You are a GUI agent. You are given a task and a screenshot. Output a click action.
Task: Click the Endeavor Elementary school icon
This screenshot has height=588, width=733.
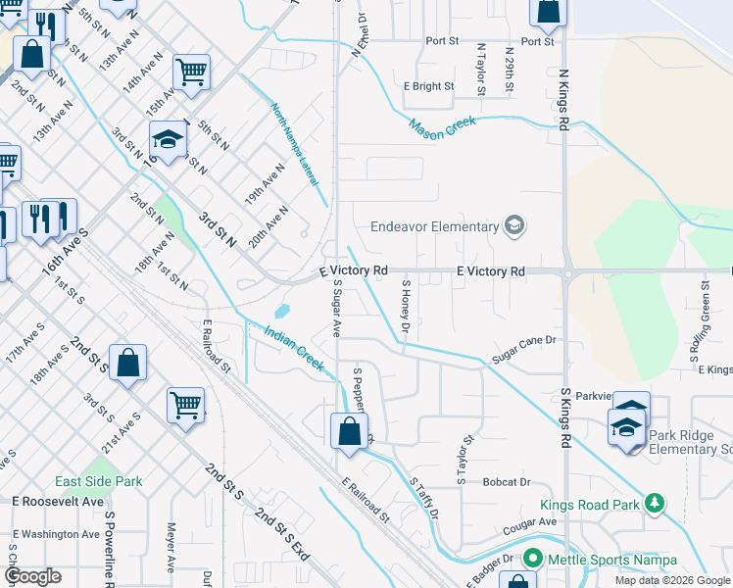pyautogui.click(x=514, y=227)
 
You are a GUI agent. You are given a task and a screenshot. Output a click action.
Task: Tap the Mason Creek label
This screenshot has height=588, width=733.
pyautogui.click(x=442, y=125)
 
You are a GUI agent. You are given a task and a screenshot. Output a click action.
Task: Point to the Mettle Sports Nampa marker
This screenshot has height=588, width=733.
pyautogui.click(x=533, y=560)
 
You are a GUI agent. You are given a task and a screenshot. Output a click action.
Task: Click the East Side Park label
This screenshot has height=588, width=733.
pyautogui.click(x=98, y=481)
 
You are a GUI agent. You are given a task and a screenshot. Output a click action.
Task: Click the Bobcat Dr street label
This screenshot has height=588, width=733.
pyautogui.click(x=506, y=482)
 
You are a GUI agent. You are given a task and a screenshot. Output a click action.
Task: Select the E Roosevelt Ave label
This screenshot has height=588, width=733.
pyautogui.click(x=58, y=501)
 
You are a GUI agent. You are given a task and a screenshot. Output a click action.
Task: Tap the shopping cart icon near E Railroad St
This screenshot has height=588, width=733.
pyautogui.click(x=185, y=403)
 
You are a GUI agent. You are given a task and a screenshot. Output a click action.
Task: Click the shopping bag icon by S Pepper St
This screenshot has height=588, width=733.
pyautogui.click(x=349, y=431)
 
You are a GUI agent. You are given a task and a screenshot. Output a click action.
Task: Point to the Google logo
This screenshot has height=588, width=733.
pyautogui.click(x=32, y=576)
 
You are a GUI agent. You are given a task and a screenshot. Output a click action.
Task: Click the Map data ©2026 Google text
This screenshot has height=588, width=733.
pyautogui.click(x=671, y=580)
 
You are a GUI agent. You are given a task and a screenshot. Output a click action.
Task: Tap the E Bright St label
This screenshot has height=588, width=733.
pyautogui.click(x=429, y=86)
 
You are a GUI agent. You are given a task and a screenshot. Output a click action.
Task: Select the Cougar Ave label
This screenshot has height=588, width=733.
pyautogui.click(x=531, y=522)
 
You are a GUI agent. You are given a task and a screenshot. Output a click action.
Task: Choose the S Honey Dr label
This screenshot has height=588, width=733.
pyautogui.click(x=404, y=305)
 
